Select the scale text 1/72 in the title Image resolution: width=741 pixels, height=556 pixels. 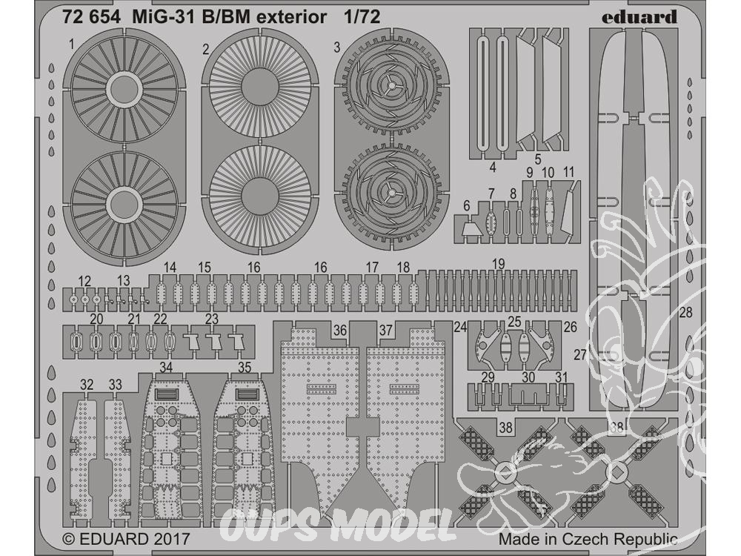click(362, 17)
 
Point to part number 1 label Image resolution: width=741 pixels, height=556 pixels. click(71, 45)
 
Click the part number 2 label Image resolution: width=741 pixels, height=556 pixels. click(205, 49)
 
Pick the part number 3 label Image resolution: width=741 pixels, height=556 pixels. click(336, 47)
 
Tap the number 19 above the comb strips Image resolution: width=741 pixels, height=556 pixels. click(498, 263)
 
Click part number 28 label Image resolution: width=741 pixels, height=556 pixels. click(685, 313)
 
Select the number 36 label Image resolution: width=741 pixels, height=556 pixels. click(340, 330)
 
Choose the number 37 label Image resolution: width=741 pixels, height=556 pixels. click(385, 330)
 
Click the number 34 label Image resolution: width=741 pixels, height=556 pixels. click(166, 368)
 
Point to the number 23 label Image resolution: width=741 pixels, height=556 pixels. click(212, 319)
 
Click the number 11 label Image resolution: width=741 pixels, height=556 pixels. click(568, 172)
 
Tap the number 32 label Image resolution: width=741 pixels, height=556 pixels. click(87, 385)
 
